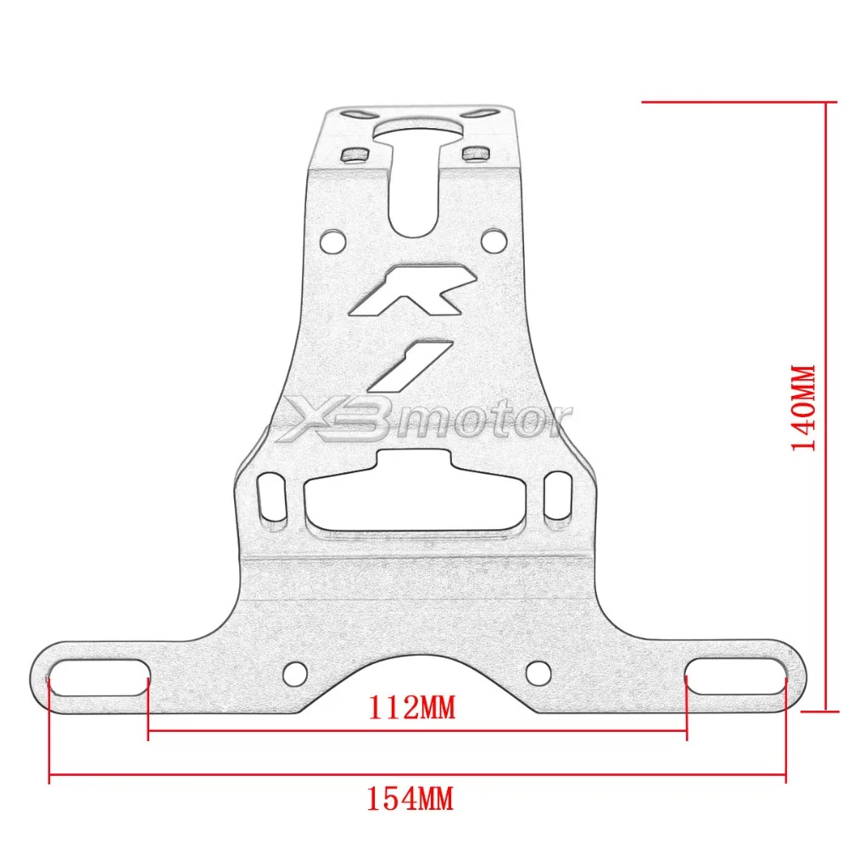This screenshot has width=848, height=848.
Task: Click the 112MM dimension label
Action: coord(411,707)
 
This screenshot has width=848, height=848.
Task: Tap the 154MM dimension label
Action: coord(410,799)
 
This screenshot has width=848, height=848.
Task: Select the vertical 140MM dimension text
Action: coord(803,408)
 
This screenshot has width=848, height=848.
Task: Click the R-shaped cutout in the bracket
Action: coord(414,290)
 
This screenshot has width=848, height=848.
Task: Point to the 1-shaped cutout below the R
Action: coord(410,365)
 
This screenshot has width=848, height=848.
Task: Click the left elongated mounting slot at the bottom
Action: coord(98,677)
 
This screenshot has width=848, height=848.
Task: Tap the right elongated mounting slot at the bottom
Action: coord(736,676)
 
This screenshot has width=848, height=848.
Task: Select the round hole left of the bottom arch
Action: coord(296,673)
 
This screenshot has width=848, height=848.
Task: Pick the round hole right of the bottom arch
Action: coord(538,672)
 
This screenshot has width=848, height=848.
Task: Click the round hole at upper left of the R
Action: coord(333,242)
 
